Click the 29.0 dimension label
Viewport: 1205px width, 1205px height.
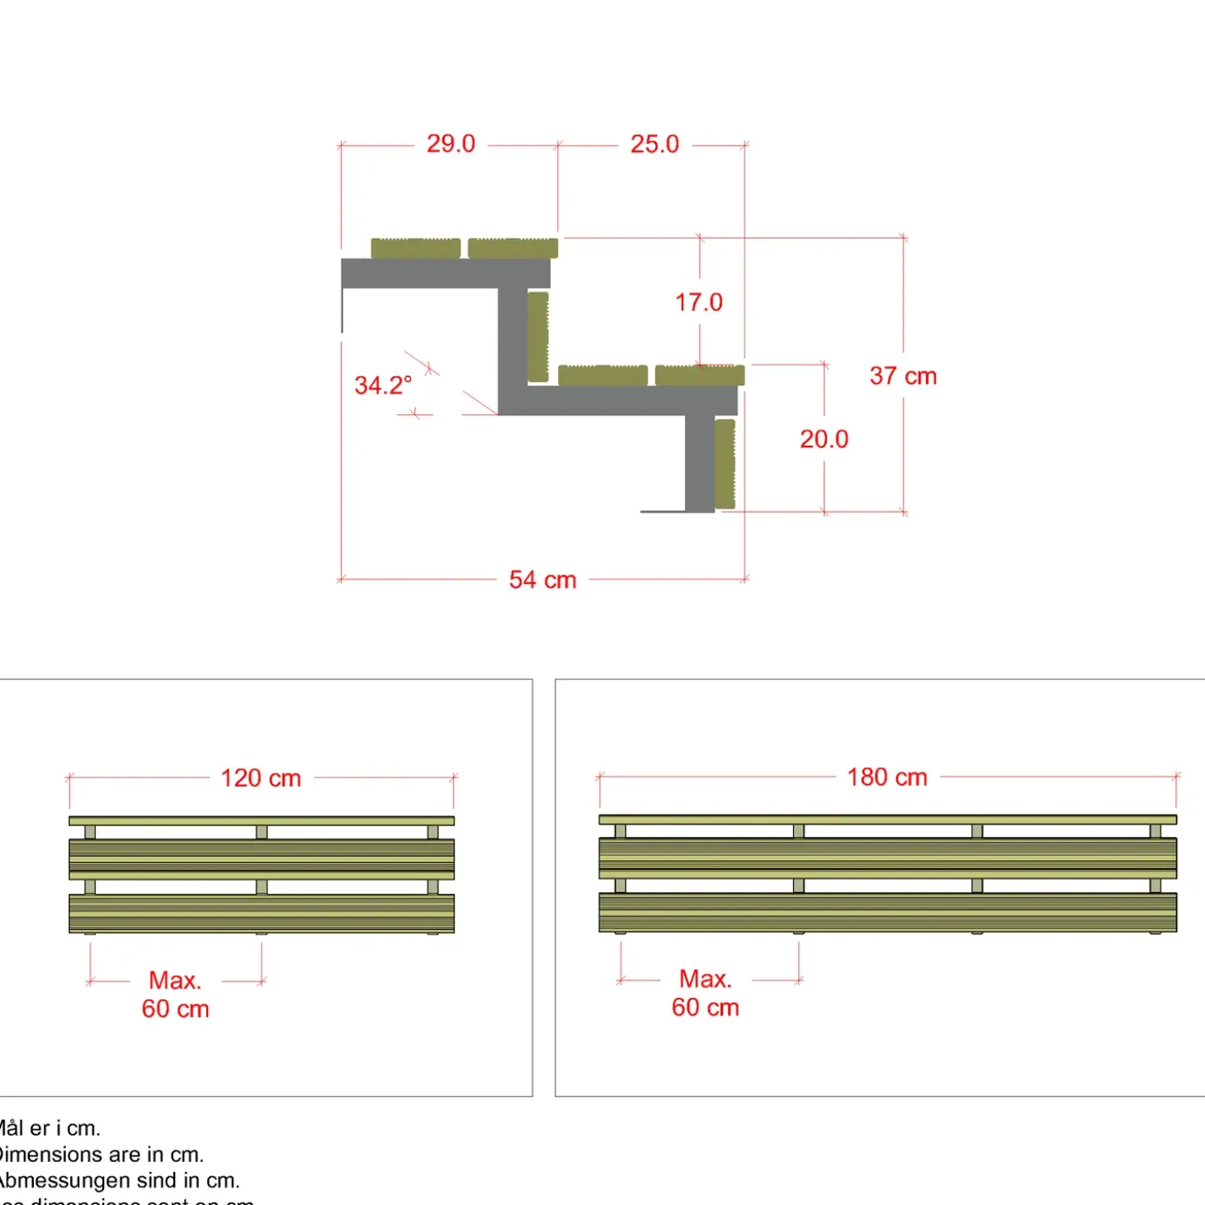[451, 144]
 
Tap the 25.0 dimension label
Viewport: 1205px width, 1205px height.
[654, 144]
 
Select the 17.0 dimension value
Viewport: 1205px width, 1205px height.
[699, 303]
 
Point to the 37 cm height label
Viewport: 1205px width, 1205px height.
[903, 376]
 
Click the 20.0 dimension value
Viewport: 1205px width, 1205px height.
[824, 439]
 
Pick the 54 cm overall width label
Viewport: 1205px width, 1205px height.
[542, 580]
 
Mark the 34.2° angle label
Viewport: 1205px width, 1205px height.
[383, 385]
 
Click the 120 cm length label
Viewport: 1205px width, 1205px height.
[261, 778]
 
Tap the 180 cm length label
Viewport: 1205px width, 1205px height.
[887, 777]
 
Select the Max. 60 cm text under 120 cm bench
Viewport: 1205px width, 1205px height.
[175, 995]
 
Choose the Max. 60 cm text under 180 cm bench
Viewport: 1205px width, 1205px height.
[706, 993]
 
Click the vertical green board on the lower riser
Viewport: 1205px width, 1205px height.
[725, 464]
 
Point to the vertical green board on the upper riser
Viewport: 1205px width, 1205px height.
[538, 337]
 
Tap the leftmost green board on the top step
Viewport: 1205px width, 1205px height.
[415, 248]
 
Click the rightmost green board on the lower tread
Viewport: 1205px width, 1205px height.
[700, 376]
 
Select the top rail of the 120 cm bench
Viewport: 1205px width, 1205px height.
[261, 821]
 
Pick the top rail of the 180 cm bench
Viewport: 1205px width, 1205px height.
[887, 820]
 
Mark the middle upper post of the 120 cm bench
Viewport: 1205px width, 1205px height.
[262, 832]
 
